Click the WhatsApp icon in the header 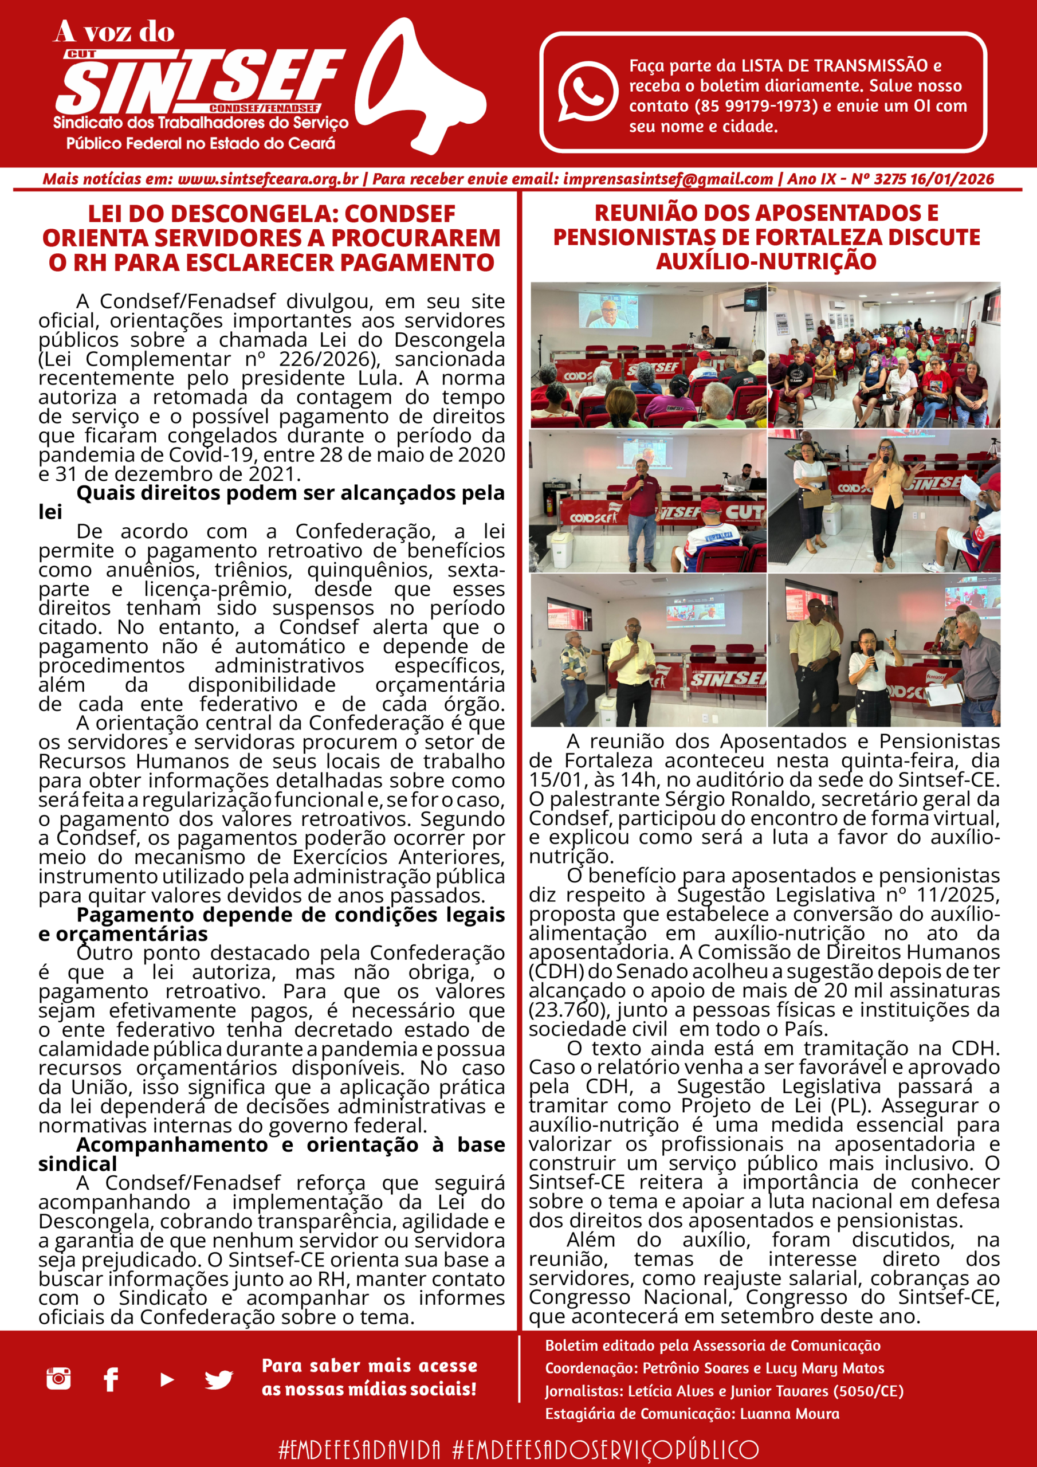[587, 91]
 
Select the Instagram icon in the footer [58, 1378]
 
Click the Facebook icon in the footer [111, 1379]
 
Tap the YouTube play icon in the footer [166, 1379]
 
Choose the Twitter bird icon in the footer [218, 1379]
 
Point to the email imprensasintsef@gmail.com [667, 179]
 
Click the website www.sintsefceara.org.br [268, 179]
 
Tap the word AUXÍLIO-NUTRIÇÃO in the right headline [765, 261]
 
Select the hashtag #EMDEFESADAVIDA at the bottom [359, 1449]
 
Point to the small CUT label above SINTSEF [81, 54]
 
